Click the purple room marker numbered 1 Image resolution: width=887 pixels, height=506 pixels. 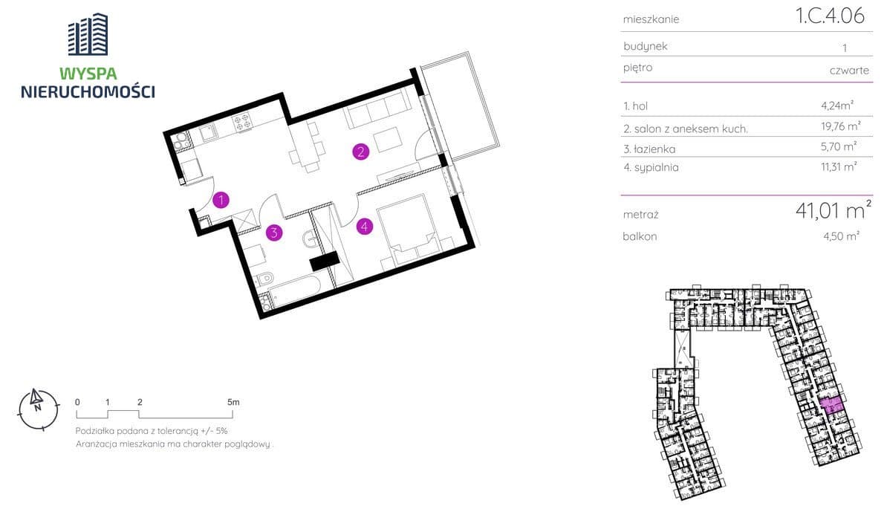tap(221, 200)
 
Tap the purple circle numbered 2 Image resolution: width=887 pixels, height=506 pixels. tap(361, 152)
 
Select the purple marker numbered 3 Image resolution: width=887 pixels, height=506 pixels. tap(274, 232)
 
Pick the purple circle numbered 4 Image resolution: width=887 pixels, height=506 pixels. tap(365, 227)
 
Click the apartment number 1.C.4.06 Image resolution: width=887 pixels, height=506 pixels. tap(830, 16)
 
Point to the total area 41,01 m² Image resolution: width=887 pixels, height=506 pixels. tap(834, 210)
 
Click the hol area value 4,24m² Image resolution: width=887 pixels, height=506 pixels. tap(837, 106)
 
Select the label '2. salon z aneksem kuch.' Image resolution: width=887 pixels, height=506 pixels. tap(686, 129)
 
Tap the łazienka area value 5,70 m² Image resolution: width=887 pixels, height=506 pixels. tap(839, 146)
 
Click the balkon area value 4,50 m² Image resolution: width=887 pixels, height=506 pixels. tap(842, 236)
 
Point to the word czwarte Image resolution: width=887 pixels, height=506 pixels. tap(849, 71)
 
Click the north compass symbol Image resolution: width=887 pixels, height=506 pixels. tap(39, 409)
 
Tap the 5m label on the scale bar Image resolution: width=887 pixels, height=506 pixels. tap(233, 403)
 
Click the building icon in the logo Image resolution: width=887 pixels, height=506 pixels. tap(88, 34)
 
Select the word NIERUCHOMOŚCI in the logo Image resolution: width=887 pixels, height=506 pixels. tap(88, 91)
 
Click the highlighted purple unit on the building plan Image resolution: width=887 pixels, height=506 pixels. tap(831, 406)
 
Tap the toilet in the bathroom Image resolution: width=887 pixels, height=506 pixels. tap(264, 279)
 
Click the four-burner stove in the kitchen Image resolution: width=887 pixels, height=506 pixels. tap(242, 123)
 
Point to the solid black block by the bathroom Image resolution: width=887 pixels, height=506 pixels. tap(325, 261)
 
